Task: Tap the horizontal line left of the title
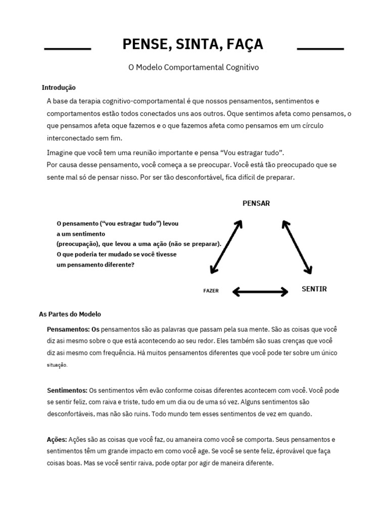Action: tap(68, 49)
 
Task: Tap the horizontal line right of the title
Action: tap(320, 49)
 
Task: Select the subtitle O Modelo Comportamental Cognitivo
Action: tap(193, 67)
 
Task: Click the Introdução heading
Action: tap(58, 87)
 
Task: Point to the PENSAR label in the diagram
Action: tap(256, 203)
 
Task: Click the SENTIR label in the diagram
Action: tap(314, 289)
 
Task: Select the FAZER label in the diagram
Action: tap(211, 291)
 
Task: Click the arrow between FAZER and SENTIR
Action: tap(260, 291)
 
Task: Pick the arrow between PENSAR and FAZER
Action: tap(226, 246)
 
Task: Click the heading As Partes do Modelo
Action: tap(70, 314)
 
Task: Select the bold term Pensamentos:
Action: tap(69, 329)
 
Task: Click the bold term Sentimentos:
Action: tap(67, 391)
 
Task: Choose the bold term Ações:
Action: tap(57, 440)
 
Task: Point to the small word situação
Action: tap(57, 365)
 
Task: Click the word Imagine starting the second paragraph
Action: tap(60, 152)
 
